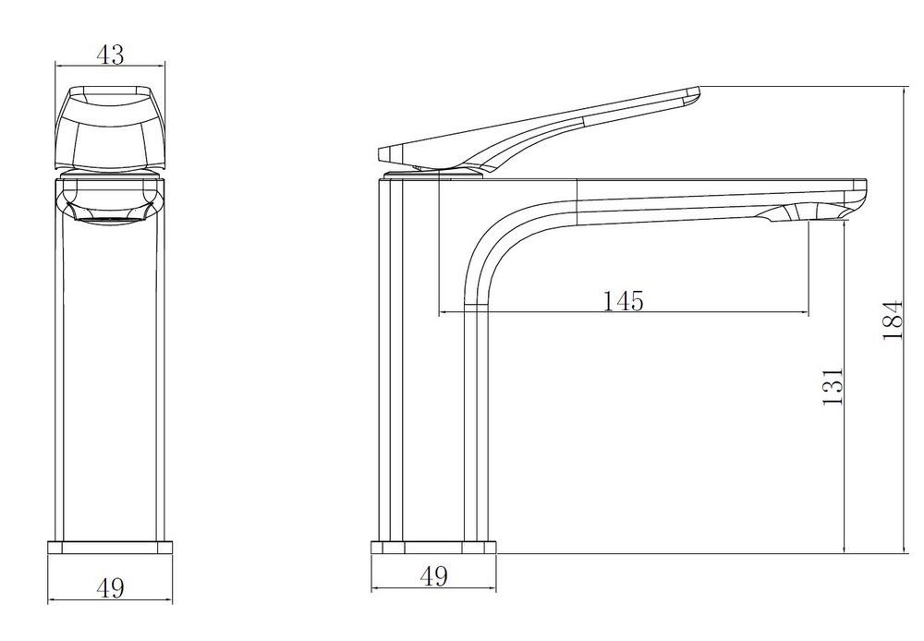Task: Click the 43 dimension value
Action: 110,54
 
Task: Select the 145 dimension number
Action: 624,300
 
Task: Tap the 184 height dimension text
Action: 893,320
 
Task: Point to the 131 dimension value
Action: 833,386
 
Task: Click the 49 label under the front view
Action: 110,588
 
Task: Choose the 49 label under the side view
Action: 433,575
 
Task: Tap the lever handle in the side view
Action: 539,129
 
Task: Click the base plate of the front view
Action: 110,548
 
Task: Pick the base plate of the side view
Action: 433,548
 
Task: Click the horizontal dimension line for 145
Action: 624,311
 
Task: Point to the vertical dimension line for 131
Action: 845,388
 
